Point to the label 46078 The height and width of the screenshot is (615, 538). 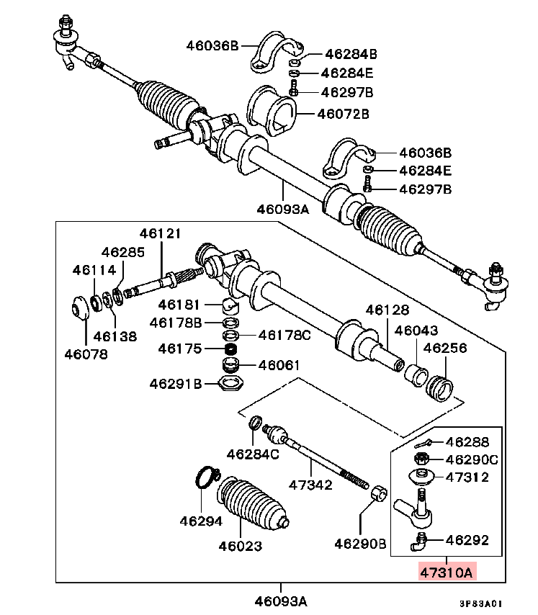coord(86,354)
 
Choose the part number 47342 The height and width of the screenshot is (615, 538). coord(310,485)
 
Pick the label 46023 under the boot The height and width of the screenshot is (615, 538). coord(241,546)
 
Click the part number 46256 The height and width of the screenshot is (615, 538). coord(444,348)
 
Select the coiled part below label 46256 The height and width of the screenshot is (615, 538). coord(441,389)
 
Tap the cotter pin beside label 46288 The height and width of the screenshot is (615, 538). coord(426,442)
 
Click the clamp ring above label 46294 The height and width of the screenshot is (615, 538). coord(207,475)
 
